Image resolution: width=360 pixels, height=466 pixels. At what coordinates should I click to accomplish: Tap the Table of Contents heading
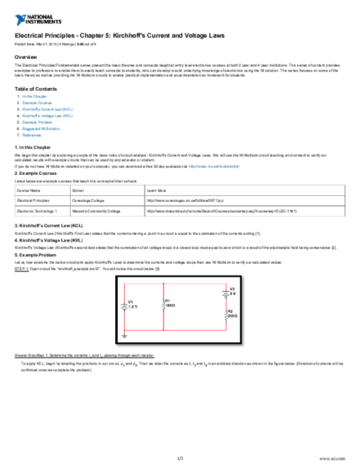point(35,89)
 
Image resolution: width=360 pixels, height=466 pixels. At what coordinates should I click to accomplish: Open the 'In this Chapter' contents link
point(35,97)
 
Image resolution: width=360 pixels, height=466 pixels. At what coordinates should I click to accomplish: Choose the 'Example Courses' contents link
point(37,103)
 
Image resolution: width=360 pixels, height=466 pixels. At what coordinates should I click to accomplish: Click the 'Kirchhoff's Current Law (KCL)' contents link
point(47,109)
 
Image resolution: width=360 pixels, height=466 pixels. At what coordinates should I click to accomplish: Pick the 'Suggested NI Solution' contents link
point(41,129)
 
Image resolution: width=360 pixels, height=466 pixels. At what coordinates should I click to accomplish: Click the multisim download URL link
point(214,166)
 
